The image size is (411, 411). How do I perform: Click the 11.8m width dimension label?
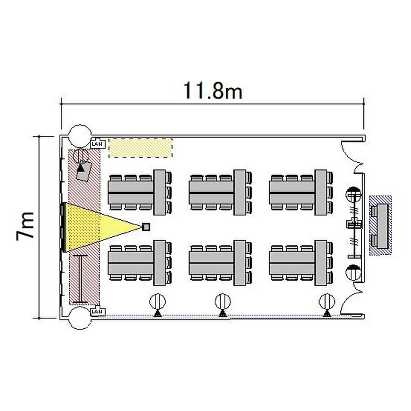point(213,90)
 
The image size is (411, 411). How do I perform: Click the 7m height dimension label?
point(25,226)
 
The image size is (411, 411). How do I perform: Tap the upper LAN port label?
point(98,144)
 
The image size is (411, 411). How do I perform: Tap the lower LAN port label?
point(98,312)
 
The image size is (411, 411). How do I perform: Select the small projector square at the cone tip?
point(146,227)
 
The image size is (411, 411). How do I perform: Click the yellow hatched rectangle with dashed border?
point(140,148)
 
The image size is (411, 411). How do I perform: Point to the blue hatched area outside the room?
point(381,225)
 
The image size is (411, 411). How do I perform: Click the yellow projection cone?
point(103,227)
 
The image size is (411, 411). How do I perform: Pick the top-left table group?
point(140,192)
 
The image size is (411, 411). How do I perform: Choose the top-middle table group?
point(220,192)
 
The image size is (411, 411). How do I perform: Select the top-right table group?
point(301,192)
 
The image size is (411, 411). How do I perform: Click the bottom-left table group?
point(140,263)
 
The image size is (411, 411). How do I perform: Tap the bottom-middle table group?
point(220,263)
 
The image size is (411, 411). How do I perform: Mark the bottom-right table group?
point(301,263)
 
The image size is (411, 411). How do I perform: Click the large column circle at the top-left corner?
point(79,136)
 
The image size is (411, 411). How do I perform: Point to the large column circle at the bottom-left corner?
point(79,318)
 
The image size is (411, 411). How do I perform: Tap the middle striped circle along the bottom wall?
point(223,301)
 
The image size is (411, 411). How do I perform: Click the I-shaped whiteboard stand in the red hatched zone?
point(80,279)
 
